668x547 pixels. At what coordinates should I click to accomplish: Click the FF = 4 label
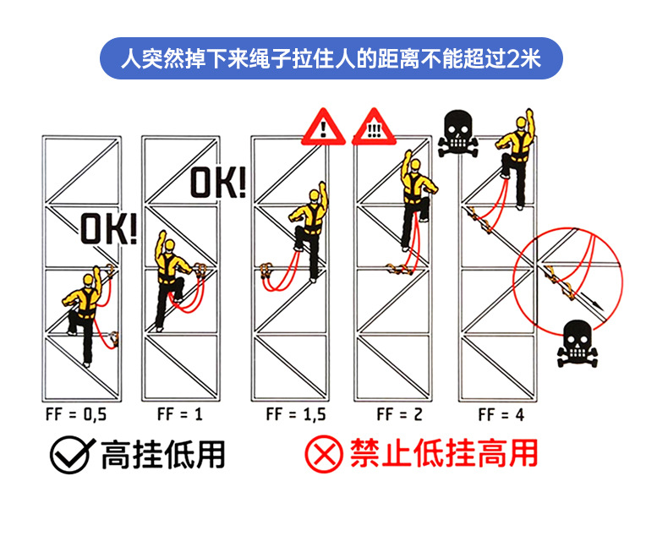click(501, 414)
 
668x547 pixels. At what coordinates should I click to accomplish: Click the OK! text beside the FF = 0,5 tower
click(108, 229)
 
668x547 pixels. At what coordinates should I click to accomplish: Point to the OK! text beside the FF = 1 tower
click(217, 182)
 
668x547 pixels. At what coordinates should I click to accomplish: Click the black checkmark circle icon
click(69, 456)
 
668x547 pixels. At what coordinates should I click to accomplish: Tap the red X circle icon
click(322, 456)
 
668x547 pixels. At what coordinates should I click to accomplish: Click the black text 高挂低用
click(163, 455)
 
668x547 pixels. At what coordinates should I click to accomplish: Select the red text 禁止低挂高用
click(443, 455)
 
